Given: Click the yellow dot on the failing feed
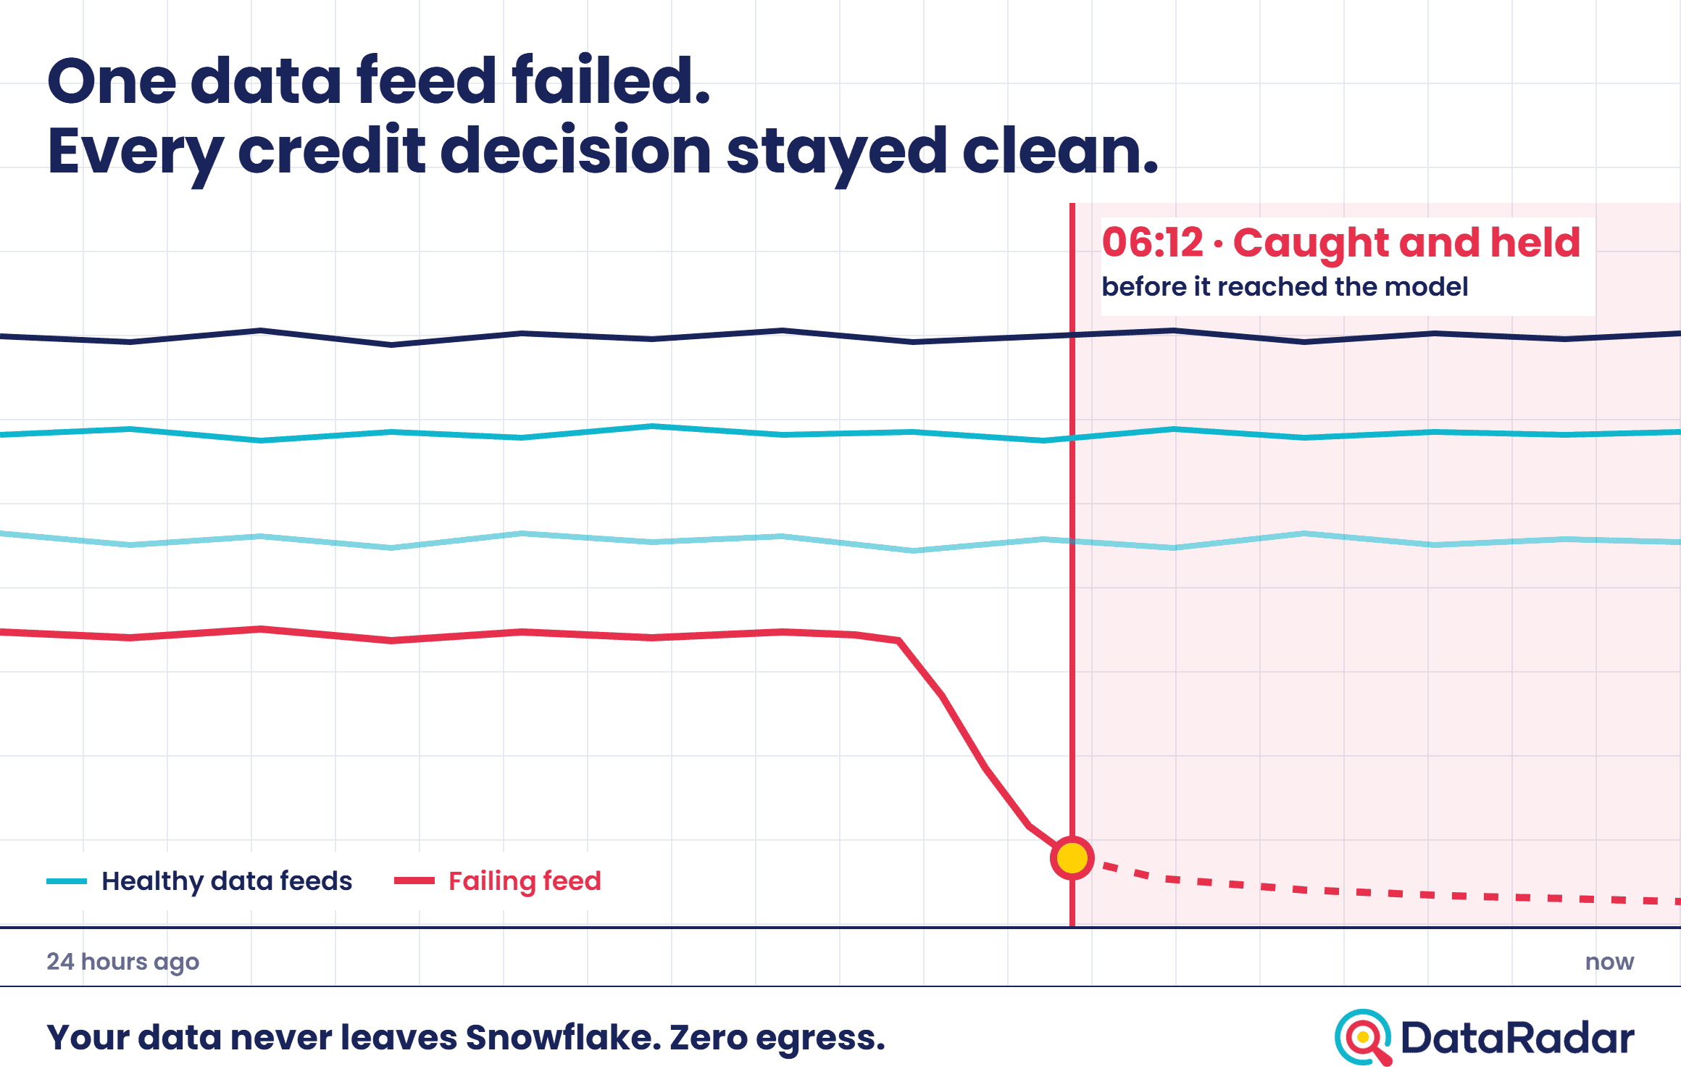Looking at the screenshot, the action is (1072, 858).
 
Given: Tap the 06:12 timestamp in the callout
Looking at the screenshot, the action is (1152, 242).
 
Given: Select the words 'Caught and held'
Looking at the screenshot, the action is (1406, 244).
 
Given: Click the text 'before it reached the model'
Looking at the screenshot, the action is (1285, 286).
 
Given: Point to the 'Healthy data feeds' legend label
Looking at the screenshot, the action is (227, 881).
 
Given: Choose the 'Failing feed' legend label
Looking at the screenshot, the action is (525, 881).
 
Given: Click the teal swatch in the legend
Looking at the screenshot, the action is (67, 881).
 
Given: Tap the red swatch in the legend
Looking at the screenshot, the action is (414, 881).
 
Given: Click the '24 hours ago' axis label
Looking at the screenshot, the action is (122, 962).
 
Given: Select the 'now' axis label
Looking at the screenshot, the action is (1609, 962).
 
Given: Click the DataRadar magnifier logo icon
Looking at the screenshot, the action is (1364, 1038).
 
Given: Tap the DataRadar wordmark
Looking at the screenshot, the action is (1517, 1038).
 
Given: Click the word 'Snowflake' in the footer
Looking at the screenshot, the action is (563, 1037).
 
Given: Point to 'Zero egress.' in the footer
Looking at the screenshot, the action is (777, 1039).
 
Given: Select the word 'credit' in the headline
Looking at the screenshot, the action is (332, 150).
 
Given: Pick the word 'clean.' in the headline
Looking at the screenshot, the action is (1060, 150).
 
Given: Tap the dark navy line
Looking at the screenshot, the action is (840, 336).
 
